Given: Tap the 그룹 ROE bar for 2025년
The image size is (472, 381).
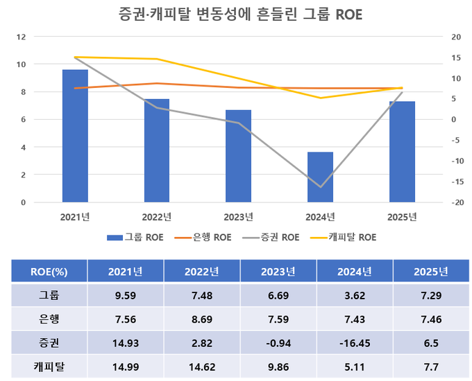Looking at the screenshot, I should pos(402,152).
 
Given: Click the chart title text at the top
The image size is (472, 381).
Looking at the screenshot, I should pos(235,15).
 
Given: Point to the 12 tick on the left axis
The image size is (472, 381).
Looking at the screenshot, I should pos(22,37).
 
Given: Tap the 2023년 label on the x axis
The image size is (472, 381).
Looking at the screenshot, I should pos(239,217).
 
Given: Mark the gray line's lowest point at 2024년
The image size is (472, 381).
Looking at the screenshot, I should pos(321,187).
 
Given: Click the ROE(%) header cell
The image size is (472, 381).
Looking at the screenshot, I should pos(49,271).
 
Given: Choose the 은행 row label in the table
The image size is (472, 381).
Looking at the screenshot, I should pos(49,319).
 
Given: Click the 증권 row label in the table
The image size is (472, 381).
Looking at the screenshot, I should pos(49,342).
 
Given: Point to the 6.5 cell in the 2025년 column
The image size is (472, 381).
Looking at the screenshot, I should pos(429,342).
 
